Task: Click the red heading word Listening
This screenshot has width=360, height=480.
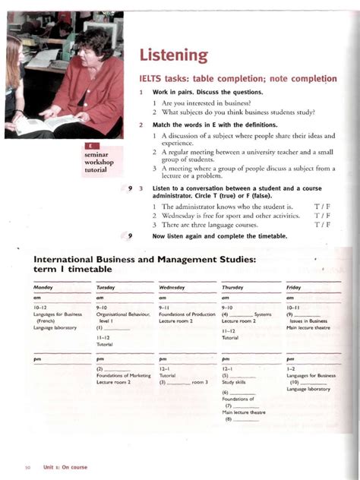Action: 172,55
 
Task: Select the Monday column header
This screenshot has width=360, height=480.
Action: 43,288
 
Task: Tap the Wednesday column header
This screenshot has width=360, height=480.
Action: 173,288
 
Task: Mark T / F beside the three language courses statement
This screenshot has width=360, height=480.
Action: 323,225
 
